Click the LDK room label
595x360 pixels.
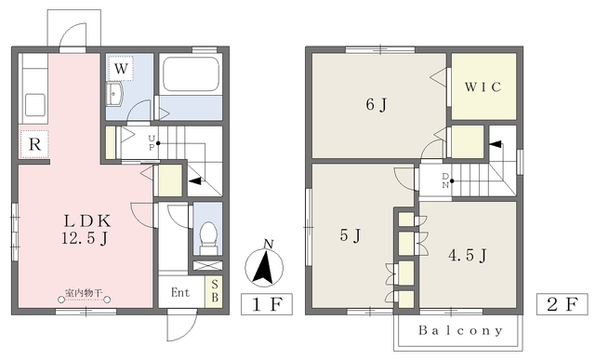pyautogui.click(x=86, y=220)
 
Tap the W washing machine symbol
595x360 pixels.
pyautogui.click(x=121, y=68)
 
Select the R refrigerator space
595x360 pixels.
pyautogui.click(x=34, y=144)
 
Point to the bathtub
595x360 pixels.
pyautogui.click(x=191, y=74)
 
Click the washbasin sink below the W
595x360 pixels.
pyautogui.click(x=114, y=93)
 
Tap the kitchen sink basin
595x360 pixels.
pyautogui.click(x=35, y=104)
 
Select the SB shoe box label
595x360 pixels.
pyautogui.click(x=215, y=291)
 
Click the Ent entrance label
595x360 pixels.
pyautogui.click(x=180, y=292)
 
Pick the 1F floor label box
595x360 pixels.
pyautogui.click(x=267, y=304)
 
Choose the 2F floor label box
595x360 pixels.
pyautogui.click(x=562, y=304)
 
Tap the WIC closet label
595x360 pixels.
pyautogui.click(x=483, y=87)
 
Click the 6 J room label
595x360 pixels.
pyautogui.click(x=377, y=104)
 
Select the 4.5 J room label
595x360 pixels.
pyautogui.click(x=467, y=255)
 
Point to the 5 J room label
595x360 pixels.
pyautogui.click(x=350, y=235)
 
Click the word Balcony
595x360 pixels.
pyautogui.click(x=461, y=330)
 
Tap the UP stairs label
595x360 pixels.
pyautogui.click(x=152, y=142)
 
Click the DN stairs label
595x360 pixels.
pyautogui.click(x=445, y=180)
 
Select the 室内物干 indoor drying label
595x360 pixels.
pyautogui.click(x=84, y=293)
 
